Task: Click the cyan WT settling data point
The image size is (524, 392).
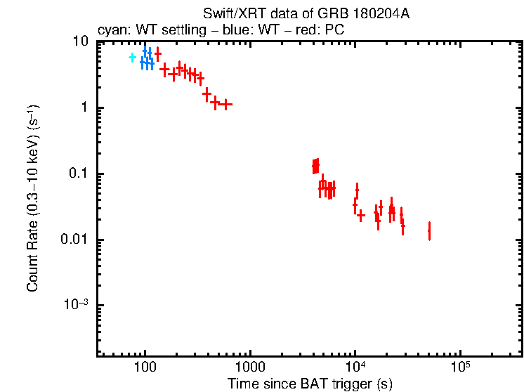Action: tap(132, 58)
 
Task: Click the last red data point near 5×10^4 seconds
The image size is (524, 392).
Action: tap(429, 230)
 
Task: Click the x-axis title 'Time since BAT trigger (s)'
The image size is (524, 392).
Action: tap(309, 384)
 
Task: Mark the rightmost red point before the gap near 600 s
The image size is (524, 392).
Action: tap(225, 105)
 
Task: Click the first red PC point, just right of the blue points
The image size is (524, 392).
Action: tap(158, 54)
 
